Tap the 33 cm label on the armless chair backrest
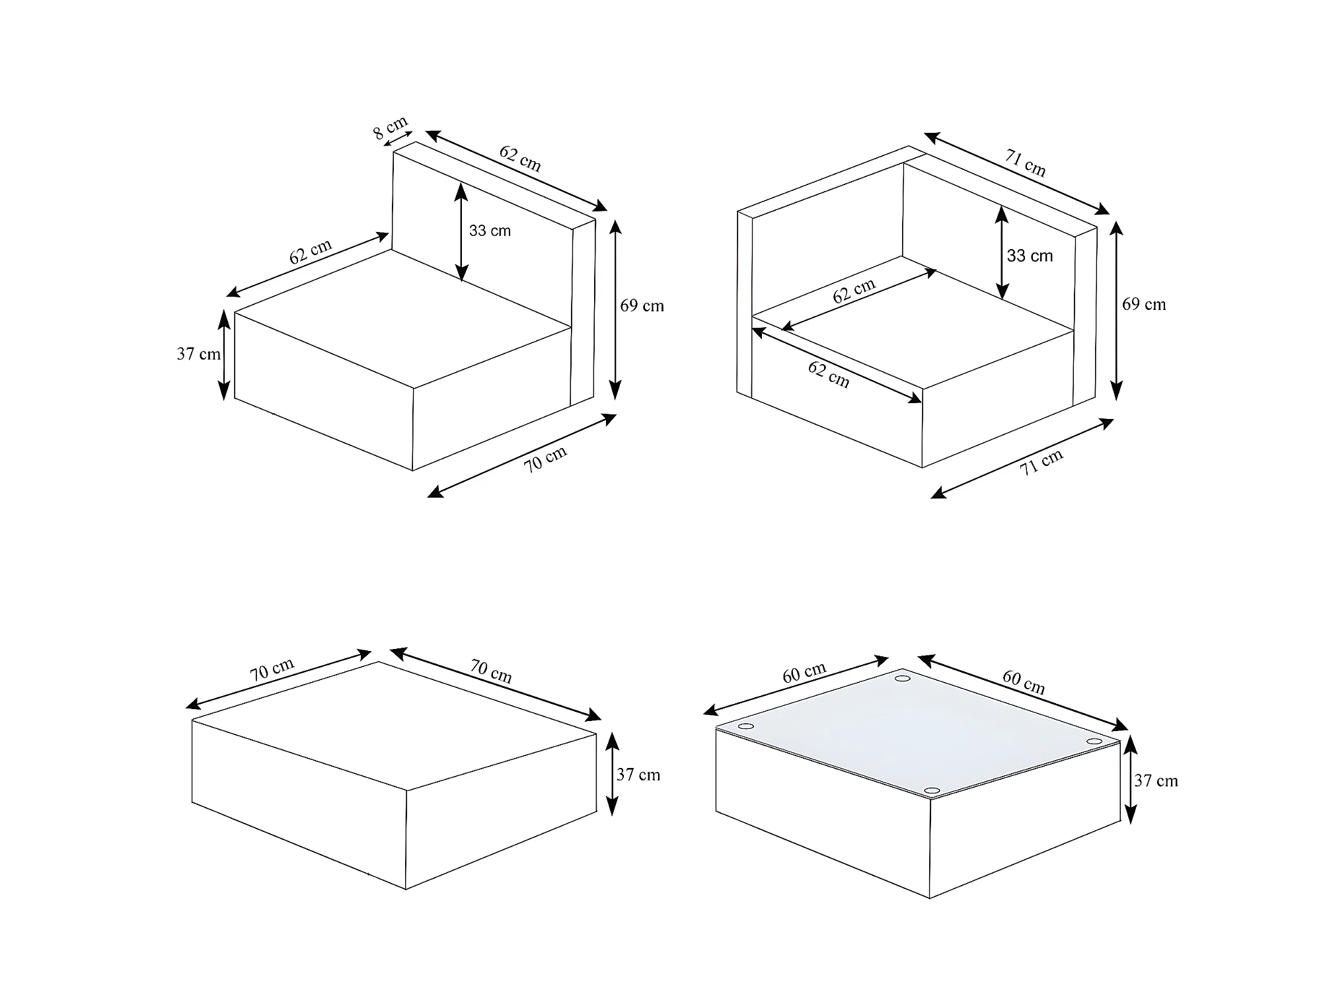[490, 231]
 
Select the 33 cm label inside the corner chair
[1030, 256]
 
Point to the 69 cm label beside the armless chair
[642, 305]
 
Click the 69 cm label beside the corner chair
[1144, 304]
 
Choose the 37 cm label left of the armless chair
[198, 354]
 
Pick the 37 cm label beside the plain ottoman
[638, 775]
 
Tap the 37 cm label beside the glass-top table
[1156, 781]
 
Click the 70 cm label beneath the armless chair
[546, 459]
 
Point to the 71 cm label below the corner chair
[1042, 462]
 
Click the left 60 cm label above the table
[804, 672]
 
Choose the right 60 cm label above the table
[1024, 682]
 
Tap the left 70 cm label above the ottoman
[272, 669]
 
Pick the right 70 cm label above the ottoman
[491, 671]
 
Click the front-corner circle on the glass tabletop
[932, 790]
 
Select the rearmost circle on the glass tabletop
[902, 678]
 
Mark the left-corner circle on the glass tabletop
[746, 726]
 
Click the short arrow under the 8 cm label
[397, 139]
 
